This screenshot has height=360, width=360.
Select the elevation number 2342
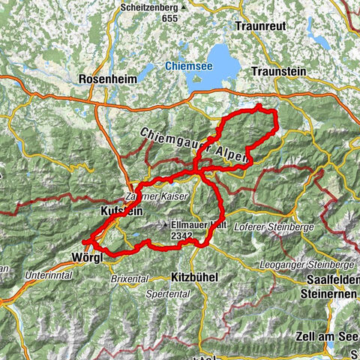click(182, 235)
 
